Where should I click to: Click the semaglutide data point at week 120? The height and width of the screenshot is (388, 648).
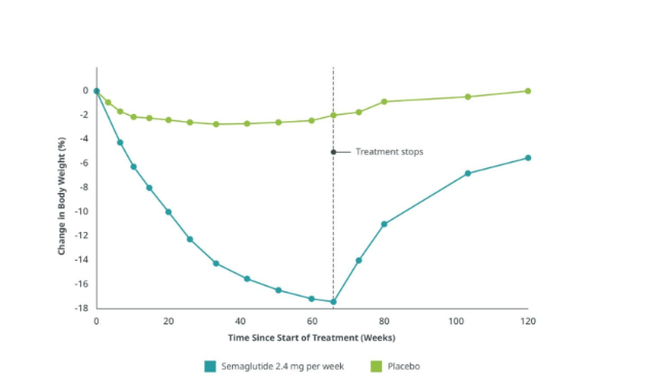click(528, 158)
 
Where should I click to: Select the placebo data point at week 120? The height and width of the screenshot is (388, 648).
click(528, 91)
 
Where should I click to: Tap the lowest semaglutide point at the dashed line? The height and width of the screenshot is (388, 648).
click(333, 302)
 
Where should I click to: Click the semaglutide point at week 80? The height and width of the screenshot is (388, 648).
click(384, 224)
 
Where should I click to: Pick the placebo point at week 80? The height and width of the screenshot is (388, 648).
click(384, 102)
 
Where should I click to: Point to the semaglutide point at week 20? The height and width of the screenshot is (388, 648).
click(168, 212)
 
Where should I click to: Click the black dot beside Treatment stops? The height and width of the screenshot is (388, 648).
click(333, 152)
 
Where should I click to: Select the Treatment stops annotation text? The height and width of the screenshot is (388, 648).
click(389, 152)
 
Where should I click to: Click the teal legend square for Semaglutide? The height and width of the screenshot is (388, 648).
click(210, 366)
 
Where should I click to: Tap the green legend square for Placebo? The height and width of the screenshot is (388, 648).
click(376, 366)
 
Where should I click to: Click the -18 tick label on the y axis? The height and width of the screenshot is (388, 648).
click(81, 308)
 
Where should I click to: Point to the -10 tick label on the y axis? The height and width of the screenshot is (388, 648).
click(81, 211)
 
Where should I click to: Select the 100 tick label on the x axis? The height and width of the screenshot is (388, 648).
click(456, 321)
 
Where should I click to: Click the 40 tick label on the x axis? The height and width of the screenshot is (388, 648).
click(240, 321)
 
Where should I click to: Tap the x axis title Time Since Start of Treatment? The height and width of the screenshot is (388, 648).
click(312, 338)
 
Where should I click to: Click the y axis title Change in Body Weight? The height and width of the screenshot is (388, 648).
click(62, 196)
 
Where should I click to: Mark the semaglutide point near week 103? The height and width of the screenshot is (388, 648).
click(468, 173)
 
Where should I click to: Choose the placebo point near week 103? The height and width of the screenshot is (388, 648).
click(468, 97)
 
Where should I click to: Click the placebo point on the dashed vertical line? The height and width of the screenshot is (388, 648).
click(333, 116)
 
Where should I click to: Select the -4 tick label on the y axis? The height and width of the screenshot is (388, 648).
click(84, 139)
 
